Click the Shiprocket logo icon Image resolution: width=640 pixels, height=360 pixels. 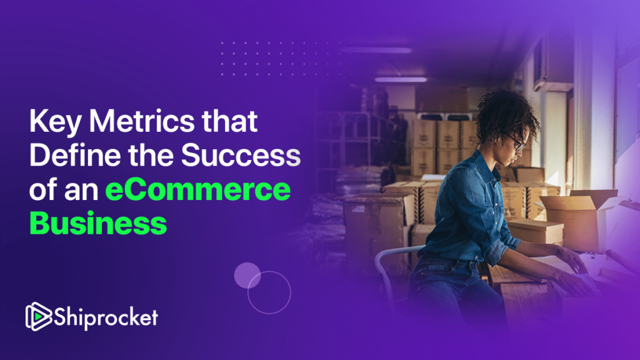[x=37, y=317]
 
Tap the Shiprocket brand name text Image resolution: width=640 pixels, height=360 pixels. [x=106, y=317]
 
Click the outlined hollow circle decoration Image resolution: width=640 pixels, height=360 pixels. [x=269, y=292]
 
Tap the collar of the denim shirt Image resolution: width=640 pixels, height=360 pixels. [x=494, y=164]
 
